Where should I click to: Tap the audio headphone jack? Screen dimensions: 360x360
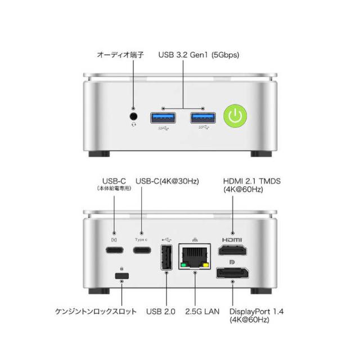(134, 116)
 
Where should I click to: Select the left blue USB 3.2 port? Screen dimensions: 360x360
(163, 118)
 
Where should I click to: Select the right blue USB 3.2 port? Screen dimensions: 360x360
(202, 118)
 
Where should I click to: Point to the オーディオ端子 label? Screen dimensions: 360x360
(120, 55)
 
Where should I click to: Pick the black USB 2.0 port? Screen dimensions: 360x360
(167, 259)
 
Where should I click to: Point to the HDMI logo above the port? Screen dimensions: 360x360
(231, 240)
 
